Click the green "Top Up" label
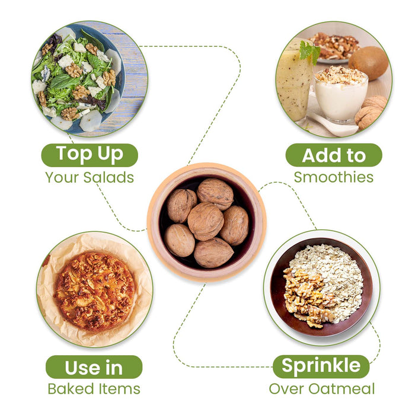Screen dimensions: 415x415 (90, 155)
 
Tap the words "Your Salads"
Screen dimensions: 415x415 (90, 177)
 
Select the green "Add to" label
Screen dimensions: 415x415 (334, 155)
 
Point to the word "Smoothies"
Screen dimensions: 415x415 (334, 177)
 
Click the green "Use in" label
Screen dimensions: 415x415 (94, 367)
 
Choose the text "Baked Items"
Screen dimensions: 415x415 (94, 389)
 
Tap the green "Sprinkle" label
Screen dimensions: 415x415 (321, 366)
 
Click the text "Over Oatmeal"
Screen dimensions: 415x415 (321, 389)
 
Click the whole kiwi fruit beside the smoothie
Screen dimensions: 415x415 (368, 63)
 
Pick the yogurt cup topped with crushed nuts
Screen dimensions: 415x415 (341, 94)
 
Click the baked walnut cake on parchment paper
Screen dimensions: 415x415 (95, 291)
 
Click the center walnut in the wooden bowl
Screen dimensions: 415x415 (206, 221)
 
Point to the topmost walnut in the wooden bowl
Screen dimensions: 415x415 (215, 194)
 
